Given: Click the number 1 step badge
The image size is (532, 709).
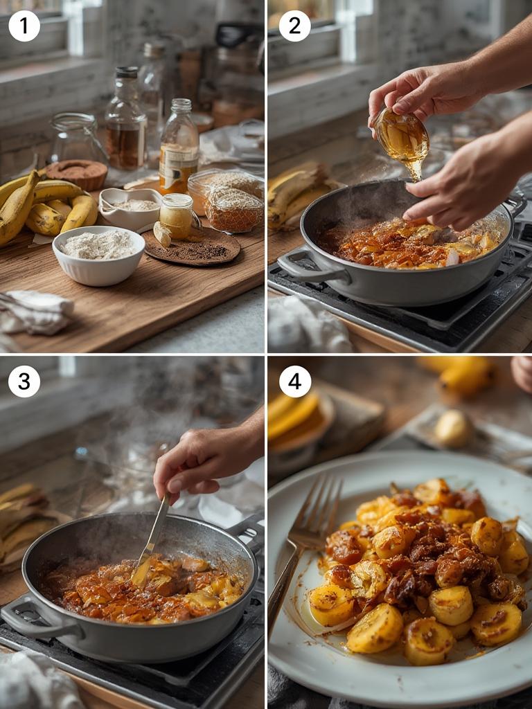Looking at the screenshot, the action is tap(24, 26).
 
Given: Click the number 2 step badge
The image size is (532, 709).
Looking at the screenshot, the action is tap(294, 26).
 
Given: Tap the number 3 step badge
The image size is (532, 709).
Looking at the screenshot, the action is tap(24, 382).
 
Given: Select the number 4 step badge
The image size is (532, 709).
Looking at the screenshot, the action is tap(294, 382).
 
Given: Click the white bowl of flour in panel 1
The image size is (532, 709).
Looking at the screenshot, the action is tap(98, 255).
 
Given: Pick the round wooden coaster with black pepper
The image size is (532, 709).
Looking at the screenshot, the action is tap(192, 247).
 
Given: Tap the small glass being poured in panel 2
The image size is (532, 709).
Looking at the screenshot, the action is tap(401, 138).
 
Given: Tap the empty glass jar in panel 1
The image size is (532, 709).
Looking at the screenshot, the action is tap(77, 138).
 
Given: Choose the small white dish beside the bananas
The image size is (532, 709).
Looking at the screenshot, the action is tap(130, 208).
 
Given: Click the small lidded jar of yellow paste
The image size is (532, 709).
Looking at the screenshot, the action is tap(177, 216).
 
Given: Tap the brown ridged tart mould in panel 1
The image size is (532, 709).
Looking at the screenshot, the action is tap(76, 174).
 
